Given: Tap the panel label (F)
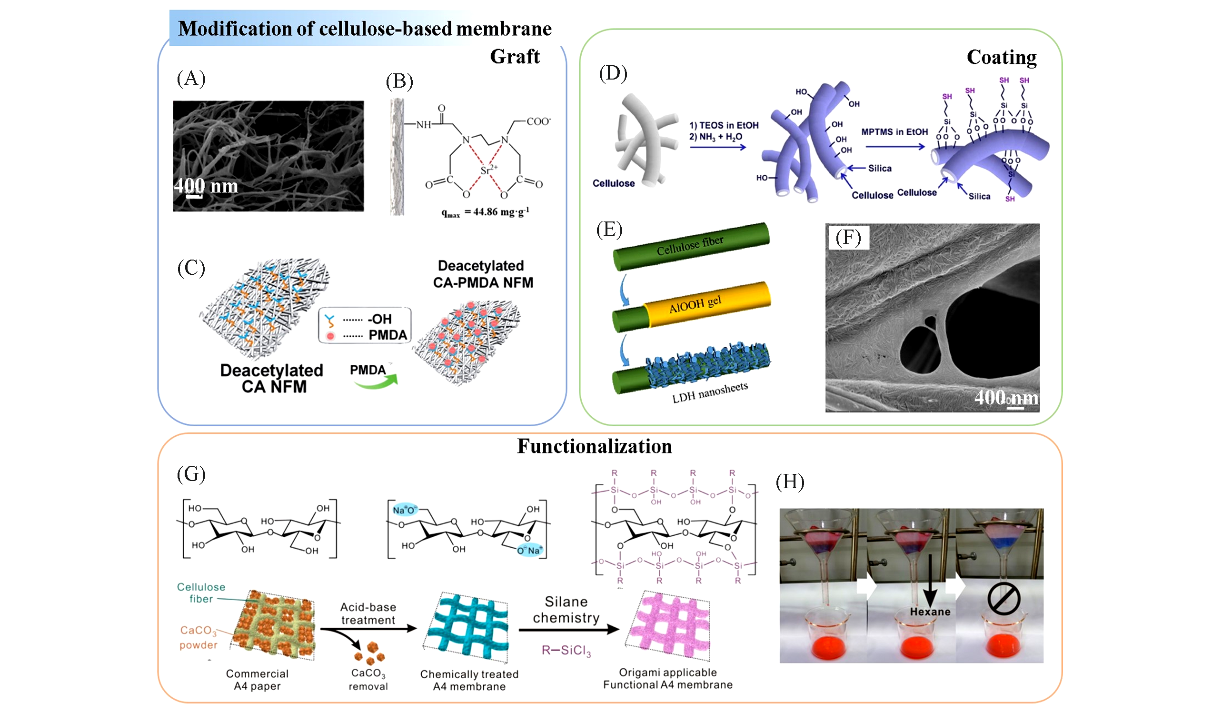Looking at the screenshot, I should pos(848,237).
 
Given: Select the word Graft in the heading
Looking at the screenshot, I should pos(515,57).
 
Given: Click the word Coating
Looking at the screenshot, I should pos(1002,57).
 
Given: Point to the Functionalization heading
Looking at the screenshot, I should pos(595,446).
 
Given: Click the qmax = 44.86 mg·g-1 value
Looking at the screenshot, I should pos(485,212).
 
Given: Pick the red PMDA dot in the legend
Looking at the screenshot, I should pos(331,336).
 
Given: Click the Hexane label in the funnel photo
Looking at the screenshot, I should pos(930,612).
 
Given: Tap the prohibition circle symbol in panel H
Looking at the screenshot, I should pos(1003,599).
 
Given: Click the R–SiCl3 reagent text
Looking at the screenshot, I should pos(566,651).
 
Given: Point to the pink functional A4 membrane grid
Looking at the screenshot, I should pos(669,625).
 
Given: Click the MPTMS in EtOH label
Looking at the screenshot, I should pos(894,132).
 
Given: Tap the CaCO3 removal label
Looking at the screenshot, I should pos(368,680).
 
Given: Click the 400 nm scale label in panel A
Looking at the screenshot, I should pos(207,186).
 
